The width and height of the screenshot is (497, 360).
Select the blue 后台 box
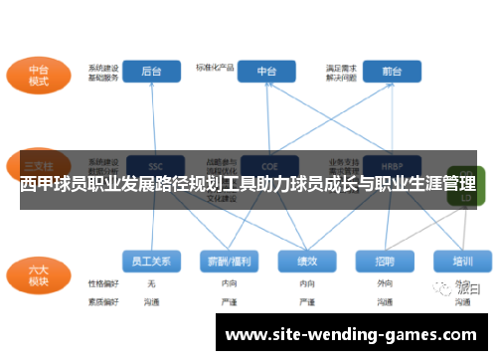(151, 71)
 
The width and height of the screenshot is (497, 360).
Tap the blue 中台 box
(266, 71)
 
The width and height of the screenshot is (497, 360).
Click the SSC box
(155, 166)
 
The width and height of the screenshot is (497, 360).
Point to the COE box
(266, 166)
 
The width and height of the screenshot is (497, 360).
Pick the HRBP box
(391, 166)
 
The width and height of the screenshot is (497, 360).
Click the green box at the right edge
(464, 189)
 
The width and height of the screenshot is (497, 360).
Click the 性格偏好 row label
(102, 283)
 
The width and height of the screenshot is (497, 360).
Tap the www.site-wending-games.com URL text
(353, 335)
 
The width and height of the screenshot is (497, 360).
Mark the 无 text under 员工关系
(151, 283)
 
